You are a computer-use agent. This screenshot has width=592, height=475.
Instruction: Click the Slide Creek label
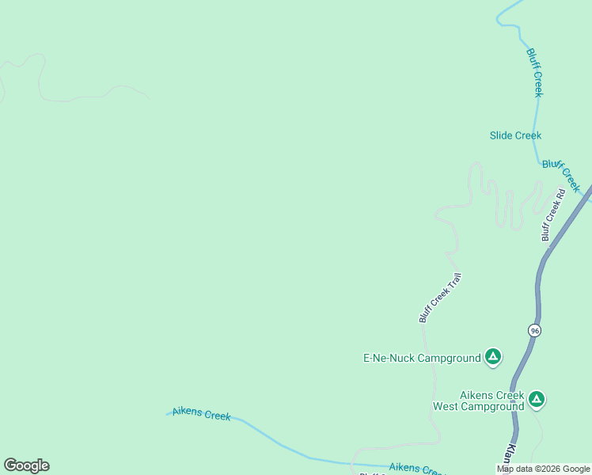[515, 135]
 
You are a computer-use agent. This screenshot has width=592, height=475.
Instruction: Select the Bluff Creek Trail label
[439, 298]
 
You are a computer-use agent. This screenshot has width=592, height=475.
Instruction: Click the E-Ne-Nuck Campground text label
[421, 358]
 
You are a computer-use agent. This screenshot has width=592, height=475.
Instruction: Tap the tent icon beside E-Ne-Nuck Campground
[493, 358]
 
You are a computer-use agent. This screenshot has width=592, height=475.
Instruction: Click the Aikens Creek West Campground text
[478, 401]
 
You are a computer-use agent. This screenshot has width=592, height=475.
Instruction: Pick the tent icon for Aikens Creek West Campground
[537, 400]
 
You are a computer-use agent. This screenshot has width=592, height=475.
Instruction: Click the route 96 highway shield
[535, 331]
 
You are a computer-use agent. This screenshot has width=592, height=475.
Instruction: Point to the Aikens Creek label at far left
[201, 414]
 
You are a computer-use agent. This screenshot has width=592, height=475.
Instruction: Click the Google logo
[26, 465]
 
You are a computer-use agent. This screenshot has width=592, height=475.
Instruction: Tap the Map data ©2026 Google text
[543, 469]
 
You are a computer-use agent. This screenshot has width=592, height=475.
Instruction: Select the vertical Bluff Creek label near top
[535, 73]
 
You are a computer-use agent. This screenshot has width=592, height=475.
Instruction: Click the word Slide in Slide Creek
[502, 135]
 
